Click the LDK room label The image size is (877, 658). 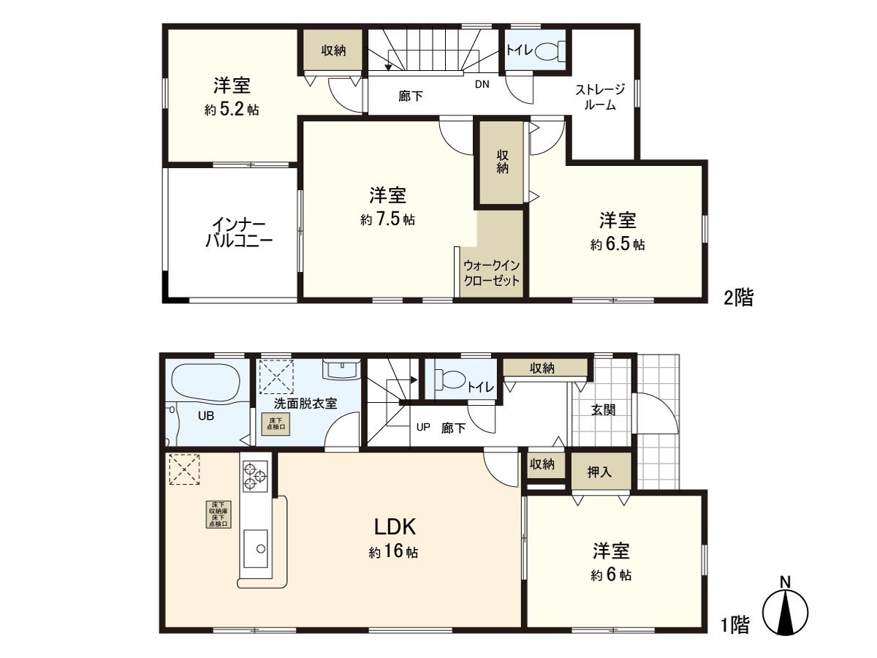[395, 526]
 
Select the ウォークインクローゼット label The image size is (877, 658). [492, 273]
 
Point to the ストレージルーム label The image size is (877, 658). [601, 97]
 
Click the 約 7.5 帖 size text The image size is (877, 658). [387, 219]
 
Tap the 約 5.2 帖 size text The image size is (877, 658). [232, 110]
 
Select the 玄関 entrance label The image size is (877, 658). [603, 409]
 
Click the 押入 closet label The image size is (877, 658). [600, 472]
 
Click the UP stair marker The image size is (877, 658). [423, 428]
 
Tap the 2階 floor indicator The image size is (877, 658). [737, 298]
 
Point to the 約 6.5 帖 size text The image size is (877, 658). [618, 245]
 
